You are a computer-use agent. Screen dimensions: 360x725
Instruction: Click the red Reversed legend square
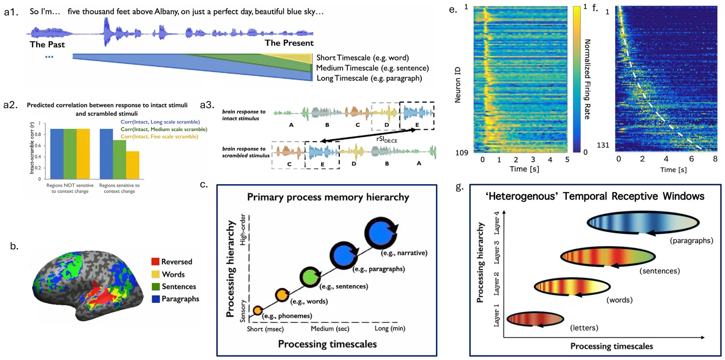point(155,262)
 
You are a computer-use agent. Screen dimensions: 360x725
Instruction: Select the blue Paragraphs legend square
point(155,299)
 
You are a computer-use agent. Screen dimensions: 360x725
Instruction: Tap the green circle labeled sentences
point(310,277)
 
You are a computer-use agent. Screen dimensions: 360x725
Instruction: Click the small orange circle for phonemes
point(257,310)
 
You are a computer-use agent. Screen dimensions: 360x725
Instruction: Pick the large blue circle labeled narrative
point(381,233)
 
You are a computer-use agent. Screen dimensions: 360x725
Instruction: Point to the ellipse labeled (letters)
point(535,320)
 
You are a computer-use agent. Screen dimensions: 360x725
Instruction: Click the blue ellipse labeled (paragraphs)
point(643,223)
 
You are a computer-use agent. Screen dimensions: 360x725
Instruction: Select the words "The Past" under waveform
point(47,44)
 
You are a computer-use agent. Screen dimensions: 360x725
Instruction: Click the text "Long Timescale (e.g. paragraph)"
point(369,78)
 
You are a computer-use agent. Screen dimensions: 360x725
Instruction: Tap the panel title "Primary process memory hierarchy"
point(328,197)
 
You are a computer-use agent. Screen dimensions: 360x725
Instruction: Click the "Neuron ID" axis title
point(458,85)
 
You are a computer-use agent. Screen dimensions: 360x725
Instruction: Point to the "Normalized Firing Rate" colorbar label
point(587,79)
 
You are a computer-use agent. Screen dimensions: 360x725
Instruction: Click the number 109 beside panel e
point(462,153)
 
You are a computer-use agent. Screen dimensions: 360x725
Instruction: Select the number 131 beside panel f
point(603,146)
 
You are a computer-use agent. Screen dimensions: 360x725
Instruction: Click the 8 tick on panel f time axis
point(715,159)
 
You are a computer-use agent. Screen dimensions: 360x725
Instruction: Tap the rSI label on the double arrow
point(387,140)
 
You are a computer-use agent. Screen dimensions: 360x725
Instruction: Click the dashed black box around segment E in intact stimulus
point(417,115)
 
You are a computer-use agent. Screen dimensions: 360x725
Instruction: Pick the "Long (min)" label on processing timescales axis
point(390,329)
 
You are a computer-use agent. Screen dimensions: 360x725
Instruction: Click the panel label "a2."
point(10,105)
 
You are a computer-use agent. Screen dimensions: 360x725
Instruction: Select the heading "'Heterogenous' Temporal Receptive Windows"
point(594,196)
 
